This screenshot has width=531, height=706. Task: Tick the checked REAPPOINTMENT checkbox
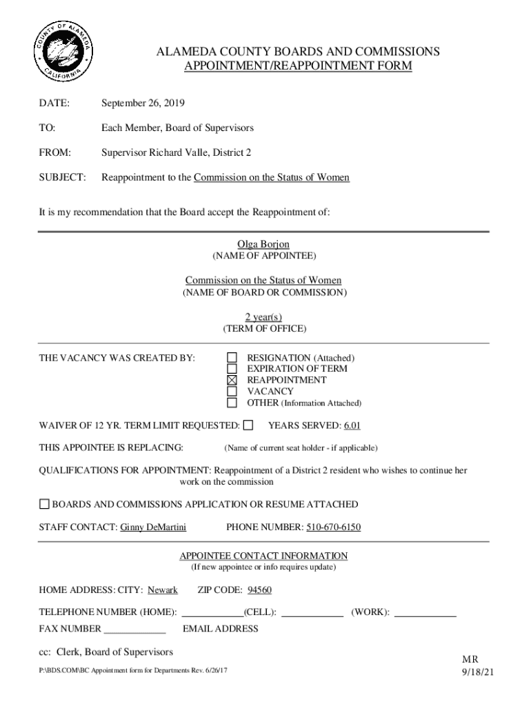(x=232, y=380)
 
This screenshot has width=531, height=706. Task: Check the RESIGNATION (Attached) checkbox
(x=232, y=358)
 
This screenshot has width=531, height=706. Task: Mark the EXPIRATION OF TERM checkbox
(x=232, y=369)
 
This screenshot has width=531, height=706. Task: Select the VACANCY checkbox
(x=232, y=391)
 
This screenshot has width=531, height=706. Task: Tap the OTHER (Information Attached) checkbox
(x=232, y=403)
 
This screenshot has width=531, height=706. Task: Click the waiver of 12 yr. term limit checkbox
(x=248, y=425)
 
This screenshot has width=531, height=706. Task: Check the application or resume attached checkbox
(x=44, y=504)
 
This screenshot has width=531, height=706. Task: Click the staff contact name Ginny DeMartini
(x=153, y=528)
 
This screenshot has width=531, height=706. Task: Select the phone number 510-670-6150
(x=333, y=528)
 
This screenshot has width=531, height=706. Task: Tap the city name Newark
(x=163, y=590)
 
